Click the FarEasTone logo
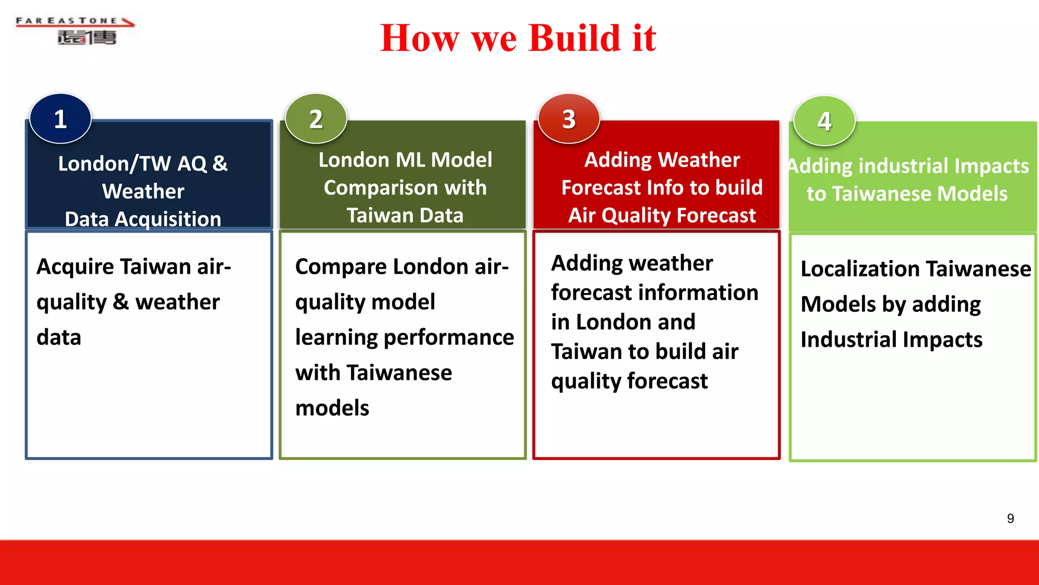[75, 30]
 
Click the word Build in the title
[574, 38]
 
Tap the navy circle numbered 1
[60, 119]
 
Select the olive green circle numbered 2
[316, 119]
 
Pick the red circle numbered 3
[569, 119]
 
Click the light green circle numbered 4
[824, 121]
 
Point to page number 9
[1010, 518]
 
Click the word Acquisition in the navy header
[168, 219]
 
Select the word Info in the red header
[665, 188]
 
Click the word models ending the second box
[332, 408]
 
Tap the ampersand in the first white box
[120, 302]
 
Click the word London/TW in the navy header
[114, 164]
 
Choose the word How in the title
[420, 38]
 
